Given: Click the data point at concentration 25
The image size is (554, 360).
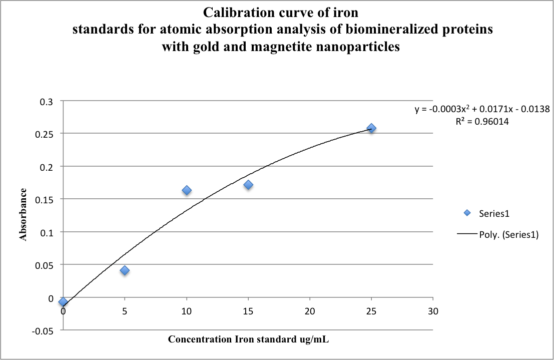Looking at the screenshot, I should pyautogui.click(x=371, y=128).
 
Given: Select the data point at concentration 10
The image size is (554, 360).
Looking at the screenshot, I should pyautogui.click(x=187, y=190).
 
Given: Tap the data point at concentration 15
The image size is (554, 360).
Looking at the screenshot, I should pyautogui.click(x=248, y=185).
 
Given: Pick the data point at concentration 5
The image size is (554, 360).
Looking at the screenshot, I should pyautogui.click(x=125, y=270).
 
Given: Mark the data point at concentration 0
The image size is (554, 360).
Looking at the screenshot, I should pyautogui.click(x=63, y=301).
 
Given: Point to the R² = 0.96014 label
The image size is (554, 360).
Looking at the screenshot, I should pyautogui.click(x=482, y=121).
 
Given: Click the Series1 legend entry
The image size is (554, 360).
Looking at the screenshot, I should pyautogui.click(x=493, y=213).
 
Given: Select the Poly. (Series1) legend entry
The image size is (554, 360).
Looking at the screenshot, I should pyautogui.click(x=508, y=235).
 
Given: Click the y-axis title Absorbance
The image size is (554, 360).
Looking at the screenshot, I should pyautogui.click(x=24, y=215).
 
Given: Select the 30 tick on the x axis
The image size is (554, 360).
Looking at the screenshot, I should pyautogui.click(x=433, y=311).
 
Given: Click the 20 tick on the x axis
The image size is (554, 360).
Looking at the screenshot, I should pyautogui.click(x=310, y=311).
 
